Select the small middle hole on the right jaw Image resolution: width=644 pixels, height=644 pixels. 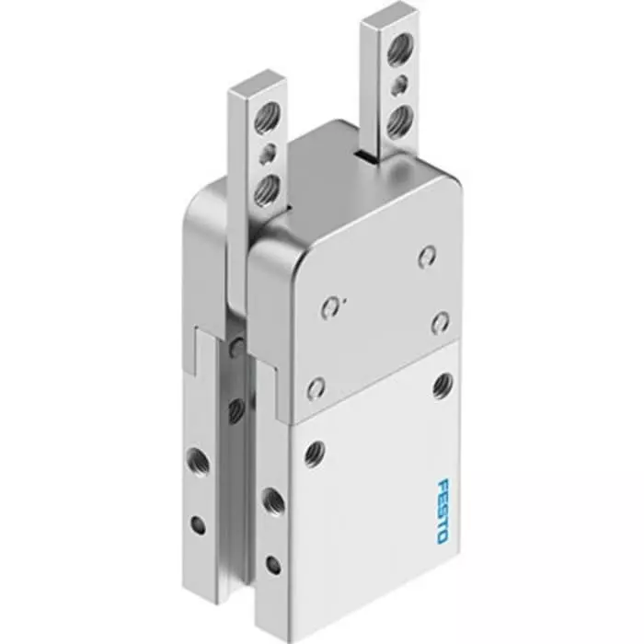coord(399,86)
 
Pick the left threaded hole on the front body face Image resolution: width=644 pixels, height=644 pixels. coord(316,452)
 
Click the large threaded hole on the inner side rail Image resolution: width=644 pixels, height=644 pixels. coord(272,501)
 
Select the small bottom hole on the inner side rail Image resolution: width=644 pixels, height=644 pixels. coord(272,564)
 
